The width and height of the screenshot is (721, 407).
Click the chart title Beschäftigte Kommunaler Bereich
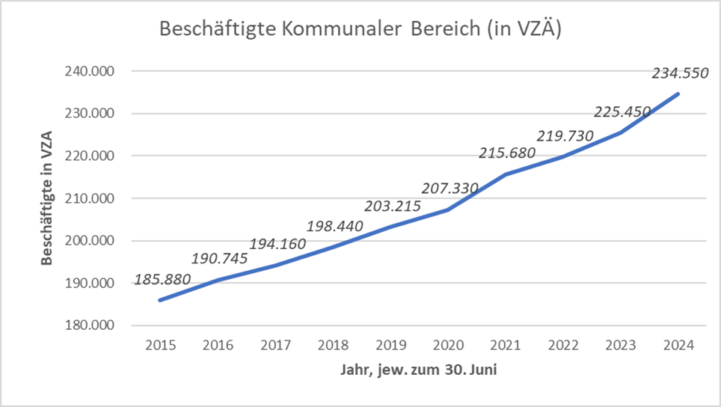tap(360, 30)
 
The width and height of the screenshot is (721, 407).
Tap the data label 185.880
tap(162, 281)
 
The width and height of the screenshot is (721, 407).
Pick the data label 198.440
tap(334, 225)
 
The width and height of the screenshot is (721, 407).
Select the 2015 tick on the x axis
tap(161, 346)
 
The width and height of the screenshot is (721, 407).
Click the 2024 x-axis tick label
tap(678, 346)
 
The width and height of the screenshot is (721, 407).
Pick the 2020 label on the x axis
tap(448, 346)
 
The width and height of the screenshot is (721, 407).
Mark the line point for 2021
tap(506, 174)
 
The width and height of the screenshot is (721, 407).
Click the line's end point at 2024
tap(678, 94)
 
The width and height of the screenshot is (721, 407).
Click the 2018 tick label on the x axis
tap(334, 346)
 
